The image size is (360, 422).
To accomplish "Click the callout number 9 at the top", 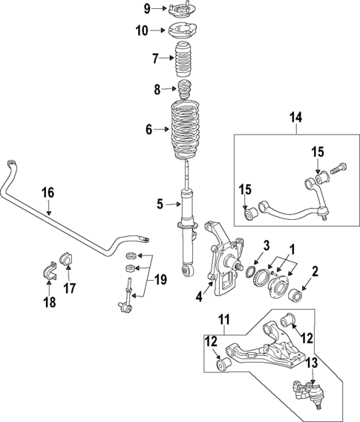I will coord(146,9).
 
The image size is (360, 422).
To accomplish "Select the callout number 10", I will coord(143,30).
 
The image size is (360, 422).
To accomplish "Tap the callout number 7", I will coord(155,58).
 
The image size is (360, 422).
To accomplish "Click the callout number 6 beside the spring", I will coord(148,129).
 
